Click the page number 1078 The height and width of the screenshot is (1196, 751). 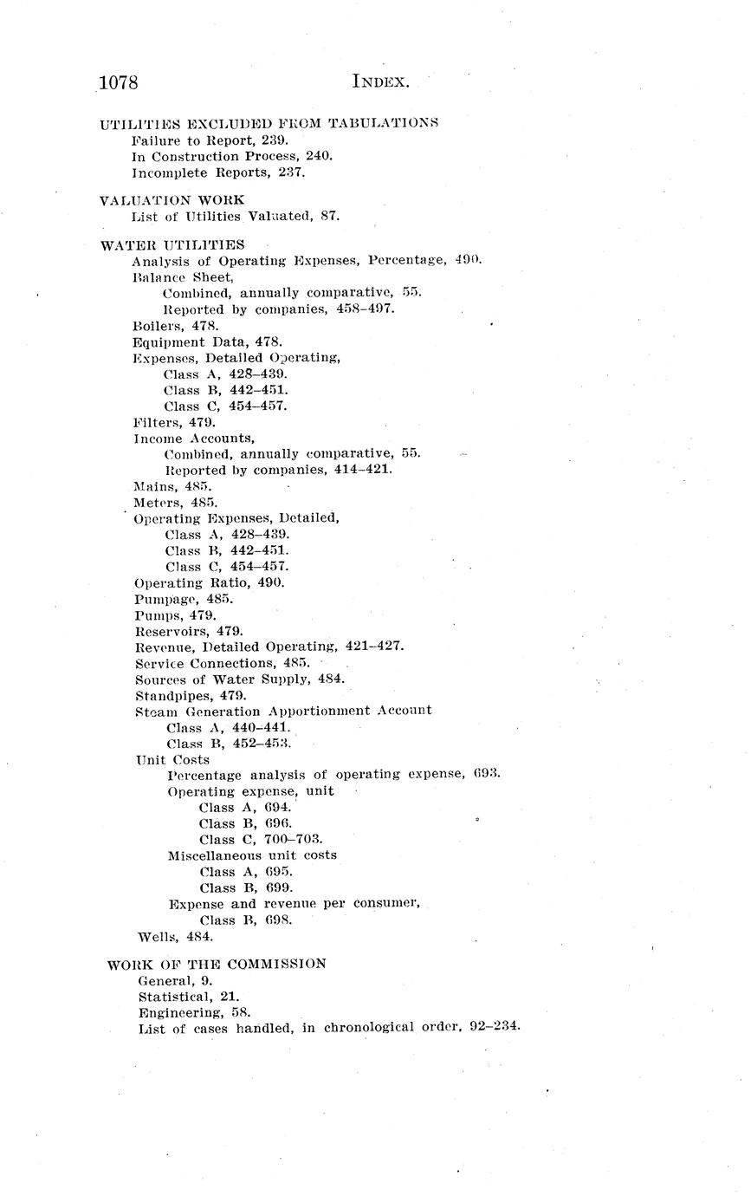click(120, 82)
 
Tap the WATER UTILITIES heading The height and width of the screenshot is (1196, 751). click(172, 245)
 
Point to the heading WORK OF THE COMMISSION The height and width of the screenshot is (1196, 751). click(217, 964)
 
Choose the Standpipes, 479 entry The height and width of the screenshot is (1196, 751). click(191, 695)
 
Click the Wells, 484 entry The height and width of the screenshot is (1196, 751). click(175, 936)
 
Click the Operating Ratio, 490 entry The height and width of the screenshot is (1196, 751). click(210, 583)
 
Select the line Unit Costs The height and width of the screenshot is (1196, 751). click(172, 760)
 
